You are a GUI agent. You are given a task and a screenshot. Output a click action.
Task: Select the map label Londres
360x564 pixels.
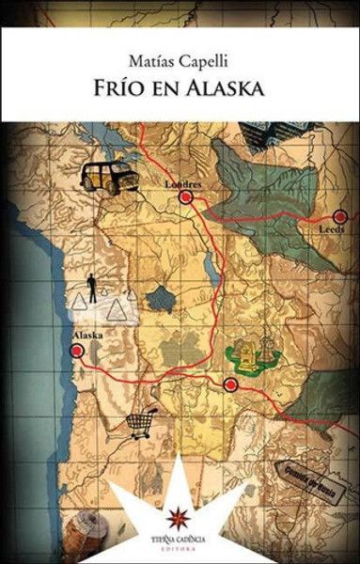click(183, 184)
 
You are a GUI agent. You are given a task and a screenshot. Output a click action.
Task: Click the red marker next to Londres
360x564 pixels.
click(186, 198)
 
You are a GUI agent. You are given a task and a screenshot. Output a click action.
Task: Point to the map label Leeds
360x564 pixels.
click(332, 229)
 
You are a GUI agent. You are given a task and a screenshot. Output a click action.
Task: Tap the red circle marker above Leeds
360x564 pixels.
click(339, 216)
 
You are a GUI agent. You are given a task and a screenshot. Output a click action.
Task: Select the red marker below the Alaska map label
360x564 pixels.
click(77, 351)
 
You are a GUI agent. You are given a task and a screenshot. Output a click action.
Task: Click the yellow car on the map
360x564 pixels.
click(109, 177)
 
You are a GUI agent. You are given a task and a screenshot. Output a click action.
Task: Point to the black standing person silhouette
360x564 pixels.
click(92, 288)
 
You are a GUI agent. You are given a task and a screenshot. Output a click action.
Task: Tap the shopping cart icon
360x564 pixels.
click(142, 423)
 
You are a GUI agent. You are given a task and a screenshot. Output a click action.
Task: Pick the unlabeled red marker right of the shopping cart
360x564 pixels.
click(230, 384)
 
